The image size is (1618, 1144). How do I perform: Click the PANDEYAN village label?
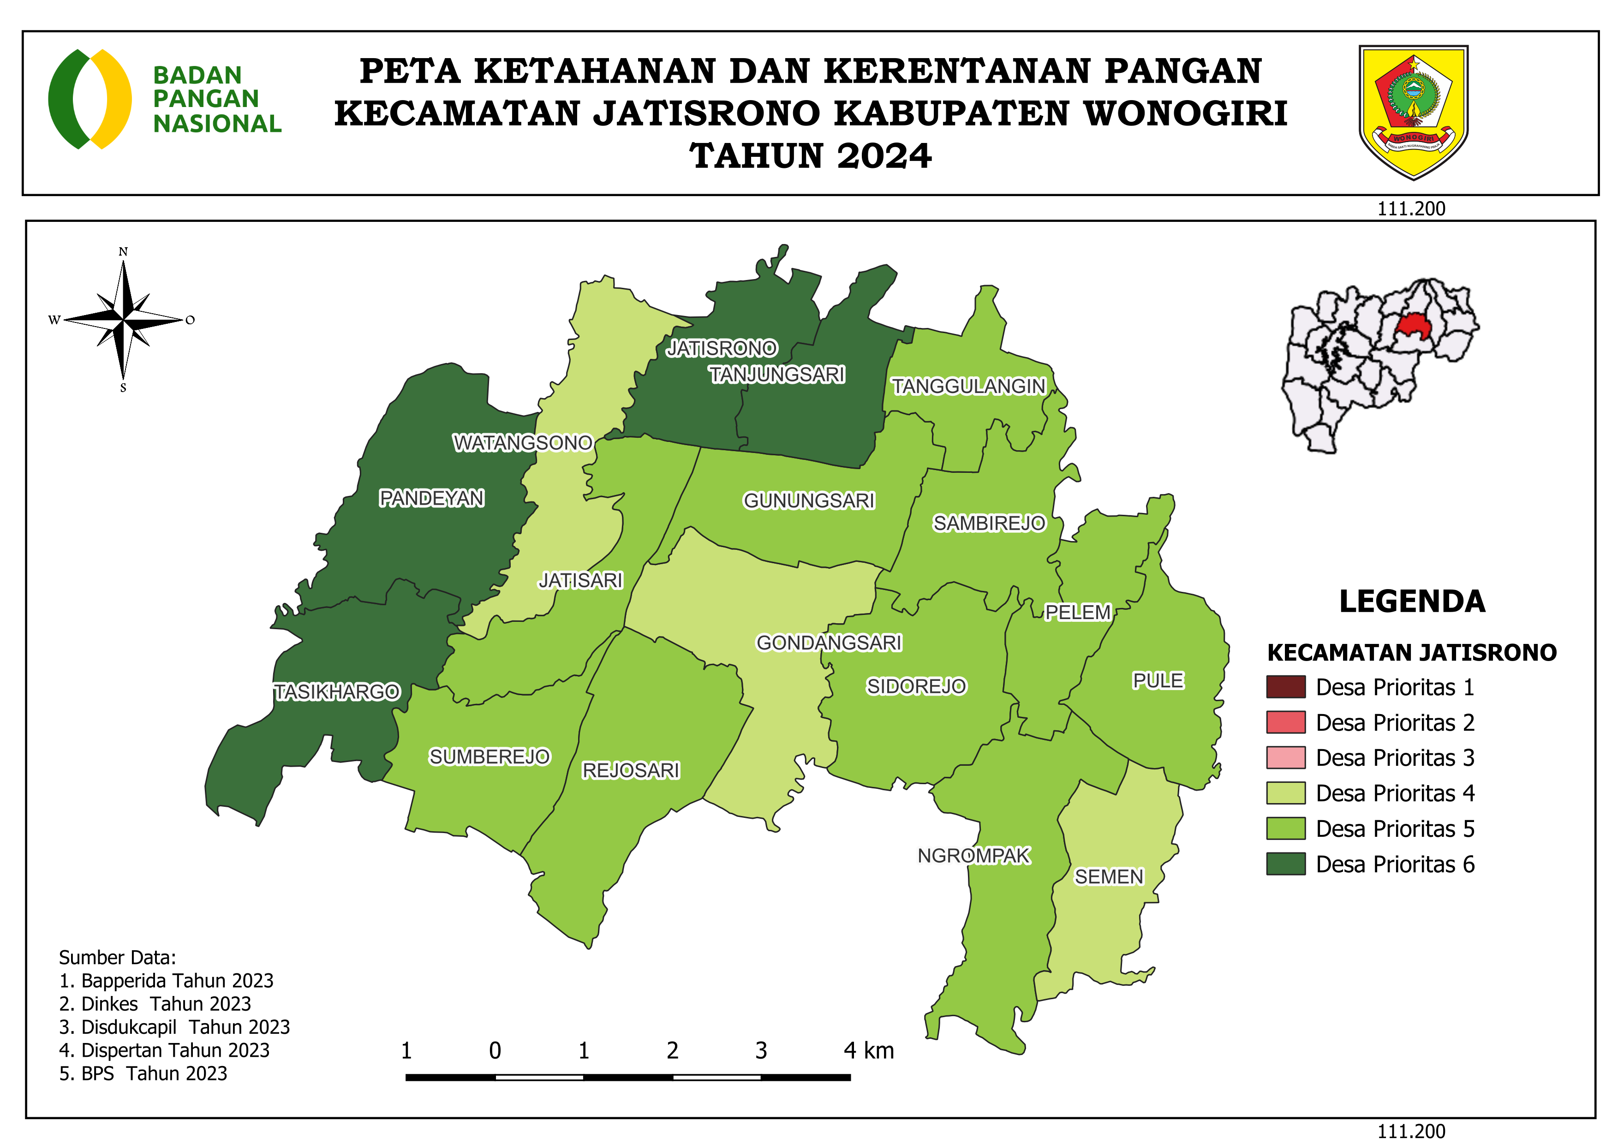(431, 498)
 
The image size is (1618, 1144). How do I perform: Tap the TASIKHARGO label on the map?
(337, 692)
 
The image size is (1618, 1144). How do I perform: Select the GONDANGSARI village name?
(829, 643)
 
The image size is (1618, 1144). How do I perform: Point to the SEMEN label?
(1109, 876)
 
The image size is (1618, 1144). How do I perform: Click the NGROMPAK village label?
(973, 855)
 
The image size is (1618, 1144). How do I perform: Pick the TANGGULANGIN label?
(968, 386)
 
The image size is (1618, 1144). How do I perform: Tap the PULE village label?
(1158, 680)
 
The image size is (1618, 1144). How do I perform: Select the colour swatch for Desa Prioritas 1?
(1285, 687)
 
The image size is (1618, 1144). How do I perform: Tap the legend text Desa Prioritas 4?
(1395, 793)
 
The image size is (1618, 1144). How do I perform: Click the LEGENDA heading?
(1411, 601)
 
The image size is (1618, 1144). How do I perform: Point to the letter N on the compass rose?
(123, 251)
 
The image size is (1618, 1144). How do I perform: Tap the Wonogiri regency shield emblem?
(1413, 111)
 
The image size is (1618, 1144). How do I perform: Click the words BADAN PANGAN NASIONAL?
(216, 99)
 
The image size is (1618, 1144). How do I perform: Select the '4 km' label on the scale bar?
(868, 1050)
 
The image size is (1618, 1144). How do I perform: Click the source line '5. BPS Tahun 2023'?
(143, 1073)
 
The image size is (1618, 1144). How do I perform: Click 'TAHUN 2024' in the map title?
(811, 155)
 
